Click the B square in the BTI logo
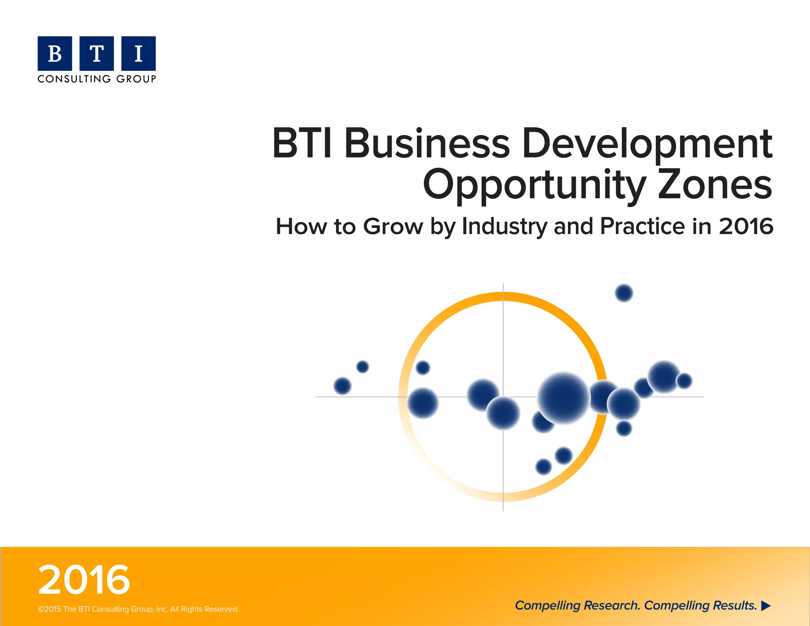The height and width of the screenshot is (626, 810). (55, 53)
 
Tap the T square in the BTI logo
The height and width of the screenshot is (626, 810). (97, 53)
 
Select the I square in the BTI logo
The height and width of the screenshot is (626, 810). (138, 53)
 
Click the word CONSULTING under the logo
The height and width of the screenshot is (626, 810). (74, 79)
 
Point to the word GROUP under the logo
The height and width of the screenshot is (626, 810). (136, 79)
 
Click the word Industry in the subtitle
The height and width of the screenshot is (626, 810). (504, 227)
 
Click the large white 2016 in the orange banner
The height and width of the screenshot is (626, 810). (84, 580)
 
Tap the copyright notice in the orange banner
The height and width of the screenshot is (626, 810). (138, 609)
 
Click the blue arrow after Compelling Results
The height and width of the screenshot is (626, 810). (766, 606)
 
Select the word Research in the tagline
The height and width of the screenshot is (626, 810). (611, 605)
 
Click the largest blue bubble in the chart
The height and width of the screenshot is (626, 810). (564, 398)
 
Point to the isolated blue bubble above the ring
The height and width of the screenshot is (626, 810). (624, 293)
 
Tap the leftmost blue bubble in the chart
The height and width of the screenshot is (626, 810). (343, 386)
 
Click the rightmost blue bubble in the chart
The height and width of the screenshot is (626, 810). (684, 381)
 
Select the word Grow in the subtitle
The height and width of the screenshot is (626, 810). (393, 227)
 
